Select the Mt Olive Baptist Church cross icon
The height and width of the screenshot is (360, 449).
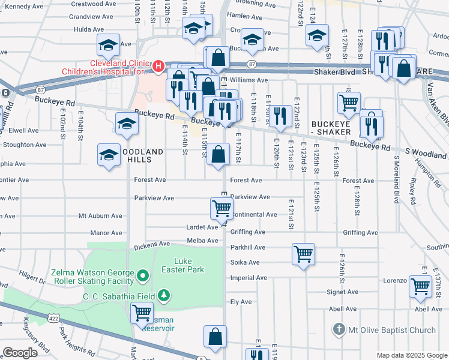tap(339, 329)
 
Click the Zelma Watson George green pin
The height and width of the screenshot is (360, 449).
tap(143, 276)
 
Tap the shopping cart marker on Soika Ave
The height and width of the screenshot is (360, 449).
tap(304, 254)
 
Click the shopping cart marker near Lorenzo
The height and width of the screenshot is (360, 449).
tap(420, 286)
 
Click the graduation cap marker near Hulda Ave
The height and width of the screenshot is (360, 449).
tap(108, 44)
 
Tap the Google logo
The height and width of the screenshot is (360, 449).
tap(20, 353)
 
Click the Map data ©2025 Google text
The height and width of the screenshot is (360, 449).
tap(412, 355)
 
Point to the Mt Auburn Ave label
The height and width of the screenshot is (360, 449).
tap(100, 215)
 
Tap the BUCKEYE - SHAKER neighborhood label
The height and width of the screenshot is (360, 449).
tap(335, 128)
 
